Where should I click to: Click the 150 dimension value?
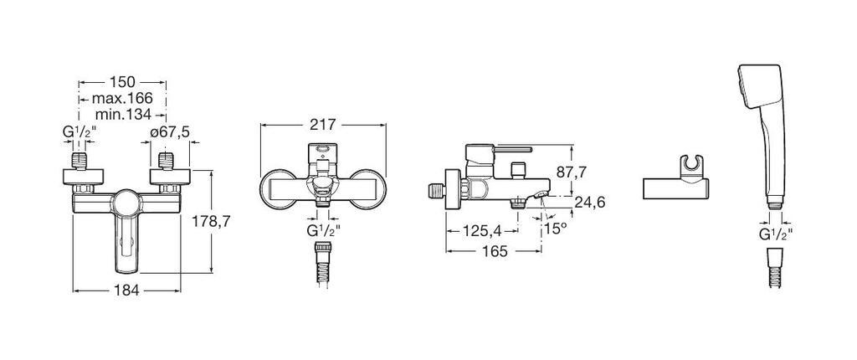[122, 82]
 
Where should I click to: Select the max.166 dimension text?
[122, 99]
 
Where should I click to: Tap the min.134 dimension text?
[124, 115]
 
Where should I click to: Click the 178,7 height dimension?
[212, 222]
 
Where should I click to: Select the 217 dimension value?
[322, 125]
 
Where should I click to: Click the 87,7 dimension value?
[571, 172]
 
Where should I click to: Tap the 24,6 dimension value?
[590, 203]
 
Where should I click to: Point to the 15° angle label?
[556, 229]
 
